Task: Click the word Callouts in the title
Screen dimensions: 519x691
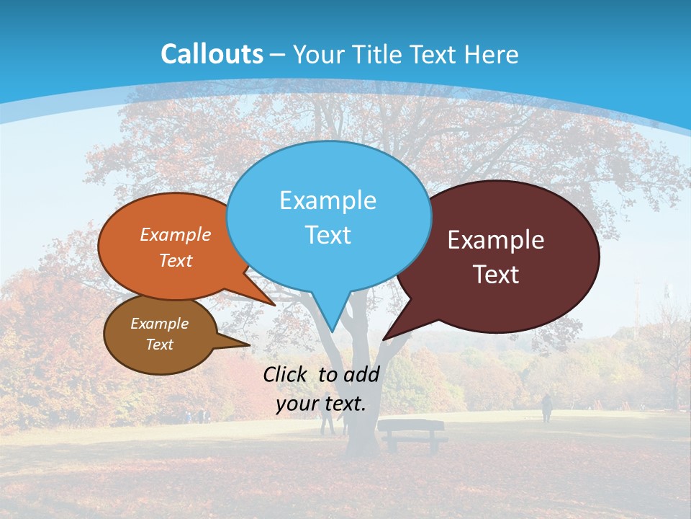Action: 212,54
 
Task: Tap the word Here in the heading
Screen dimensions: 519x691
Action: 492,55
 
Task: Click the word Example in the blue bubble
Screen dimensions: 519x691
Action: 328,200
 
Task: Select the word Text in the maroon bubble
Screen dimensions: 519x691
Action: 496,274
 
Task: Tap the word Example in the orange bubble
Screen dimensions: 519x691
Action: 176,234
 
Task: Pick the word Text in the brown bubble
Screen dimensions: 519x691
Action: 159,345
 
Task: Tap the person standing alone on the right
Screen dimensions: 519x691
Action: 547,408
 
